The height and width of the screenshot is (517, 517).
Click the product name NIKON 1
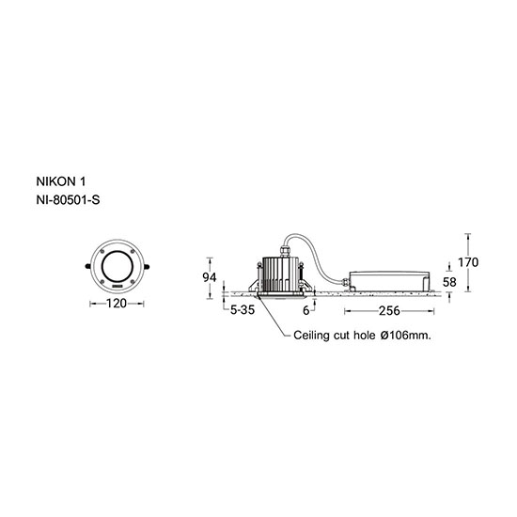coord(61,181)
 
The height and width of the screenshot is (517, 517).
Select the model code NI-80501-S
coord(68,200)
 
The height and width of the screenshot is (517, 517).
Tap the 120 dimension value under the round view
coord(117,304)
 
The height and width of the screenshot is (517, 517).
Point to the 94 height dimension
coord(210,277)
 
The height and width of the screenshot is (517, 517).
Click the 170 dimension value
coord(468,262)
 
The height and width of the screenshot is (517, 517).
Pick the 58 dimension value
coord(449,282)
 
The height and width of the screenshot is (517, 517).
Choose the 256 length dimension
coord(389,310)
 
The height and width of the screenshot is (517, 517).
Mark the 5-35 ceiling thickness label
coord(243,310)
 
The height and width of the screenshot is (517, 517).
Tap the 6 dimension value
coord(306,310)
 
